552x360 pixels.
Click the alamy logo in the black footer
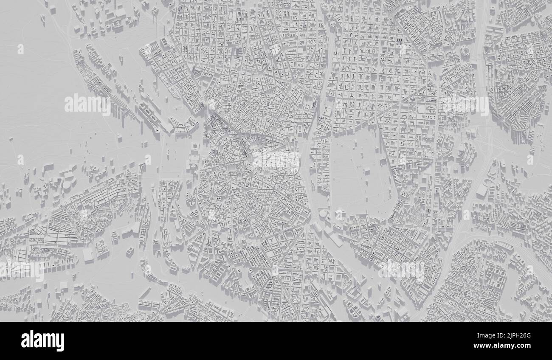42,341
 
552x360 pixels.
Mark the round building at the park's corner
324,214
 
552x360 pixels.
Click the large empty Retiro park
357,170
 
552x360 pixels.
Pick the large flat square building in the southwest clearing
88,255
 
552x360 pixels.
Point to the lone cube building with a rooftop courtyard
130,251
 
